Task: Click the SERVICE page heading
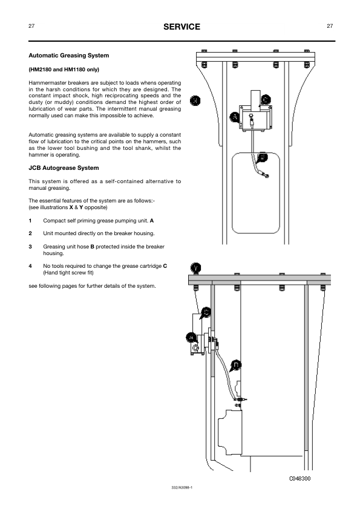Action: [x=182, y=27]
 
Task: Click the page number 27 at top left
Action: [x=31, y=26]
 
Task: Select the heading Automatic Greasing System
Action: [x=69, y=56]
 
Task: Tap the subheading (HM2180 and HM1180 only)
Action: [x=64, y=70]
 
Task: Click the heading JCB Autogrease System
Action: [x=64, y=168]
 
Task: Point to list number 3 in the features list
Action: [x=30, y=247]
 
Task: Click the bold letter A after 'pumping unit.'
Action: [x=152, y=221]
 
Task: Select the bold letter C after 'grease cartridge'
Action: [x=165, y=266]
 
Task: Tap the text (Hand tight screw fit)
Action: [x=68, y=273]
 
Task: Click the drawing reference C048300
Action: [x=300, y=479]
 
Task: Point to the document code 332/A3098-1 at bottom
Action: [x=182, y=487]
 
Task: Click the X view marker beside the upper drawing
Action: [x=195, y=100]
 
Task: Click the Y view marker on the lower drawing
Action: [x=195, y=268]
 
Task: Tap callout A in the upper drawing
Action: [x=234, y=117]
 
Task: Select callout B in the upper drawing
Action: [x=263, y=157]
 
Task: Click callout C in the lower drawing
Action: [x=206, y=313]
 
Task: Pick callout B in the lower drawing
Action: [x=236, y=365]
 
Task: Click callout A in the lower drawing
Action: [x=191, y=338]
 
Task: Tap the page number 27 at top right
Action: [x=330, y=26]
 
